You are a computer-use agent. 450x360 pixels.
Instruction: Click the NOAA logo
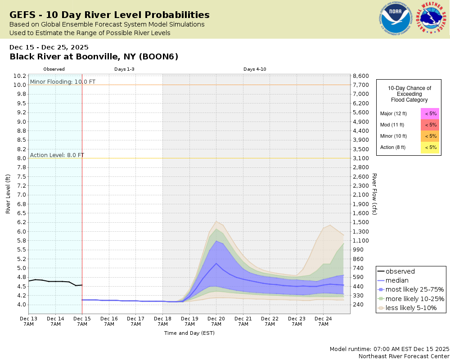point(396,19)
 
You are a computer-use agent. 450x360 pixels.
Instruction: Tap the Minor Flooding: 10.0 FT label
point(63,81)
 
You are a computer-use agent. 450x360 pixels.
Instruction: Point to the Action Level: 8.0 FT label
point(57,155)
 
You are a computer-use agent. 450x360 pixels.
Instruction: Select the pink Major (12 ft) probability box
point(430,113)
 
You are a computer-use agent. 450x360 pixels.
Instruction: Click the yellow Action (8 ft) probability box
point(430,147)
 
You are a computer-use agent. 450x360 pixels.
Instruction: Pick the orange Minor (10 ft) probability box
point(430,136)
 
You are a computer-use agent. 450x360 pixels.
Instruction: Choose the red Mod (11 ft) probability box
point(430,125)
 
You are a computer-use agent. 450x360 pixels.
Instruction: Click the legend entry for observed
point(400,271)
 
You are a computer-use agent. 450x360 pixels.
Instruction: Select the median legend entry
point(397,280)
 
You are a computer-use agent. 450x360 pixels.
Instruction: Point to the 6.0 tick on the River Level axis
point(21,231)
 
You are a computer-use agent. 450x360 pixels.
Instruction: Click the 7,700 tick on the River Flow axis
point(361,85)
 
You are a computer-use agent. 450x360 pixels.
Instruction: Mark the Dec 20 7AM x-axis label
point(216,321)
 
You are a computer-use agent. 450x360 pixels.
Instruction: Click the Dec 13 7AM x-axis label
point(28,321)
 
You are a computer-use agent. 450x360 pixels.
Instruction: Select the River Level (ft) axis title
point(8,194)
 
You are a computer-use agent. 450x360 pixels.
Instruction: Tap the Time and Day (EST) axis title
point(189,333)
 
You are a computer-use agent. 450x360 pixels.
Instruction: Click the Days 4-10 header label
point(255,69)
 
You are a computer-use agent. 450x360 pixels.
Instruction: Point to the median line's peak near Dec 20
point(216,263)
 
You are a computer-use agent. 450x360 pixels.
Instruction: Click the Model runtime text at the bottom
point(389,349)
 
